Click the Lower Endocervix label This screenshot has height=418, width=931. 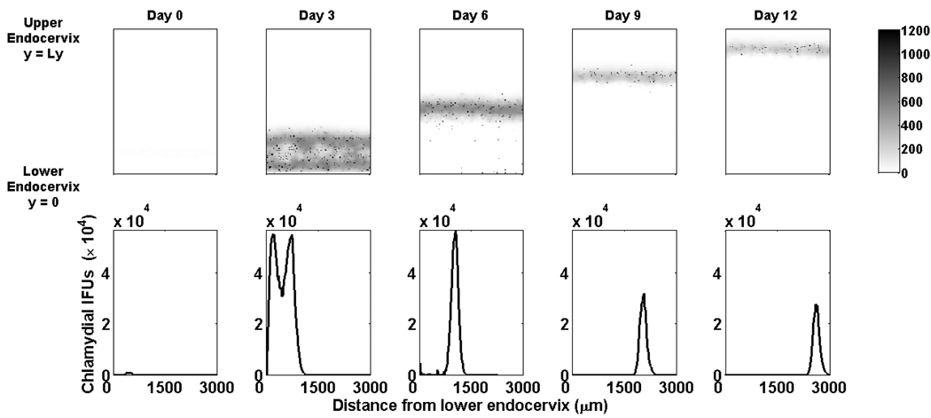point(41,187)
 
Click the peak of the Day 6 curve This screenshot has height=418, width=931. point(455,233)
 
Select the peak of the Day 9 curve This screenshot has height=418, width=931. point(644,295)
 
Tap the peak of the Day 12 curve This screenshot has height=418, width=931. point(816,305)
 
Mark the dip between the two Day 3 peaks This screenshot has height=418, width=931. point(282,295)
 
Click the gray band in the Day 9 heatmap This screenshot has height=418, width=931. point(623,76)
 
